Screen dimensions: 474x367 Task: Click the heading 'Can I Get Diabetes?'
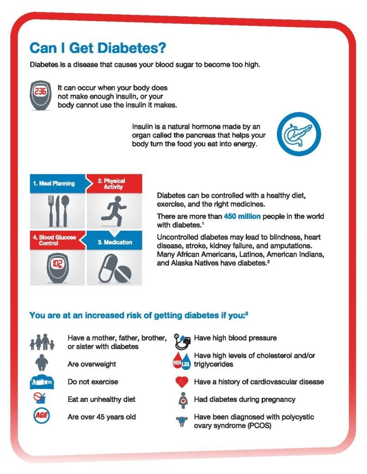click(x=98, y=48)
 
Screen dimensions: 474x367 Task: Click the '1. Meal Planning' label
click(x=54, y=183)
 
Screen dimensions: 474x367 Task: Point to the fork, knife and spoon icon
click(x=58, y=210)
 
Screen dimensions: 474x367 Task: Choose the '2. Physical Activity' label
click(x=114, y=183)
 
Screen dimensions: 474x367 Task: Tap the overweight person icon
click(x=41, y=363)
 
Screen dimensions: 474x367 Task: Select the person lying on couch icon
click(x=42, y=382)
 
